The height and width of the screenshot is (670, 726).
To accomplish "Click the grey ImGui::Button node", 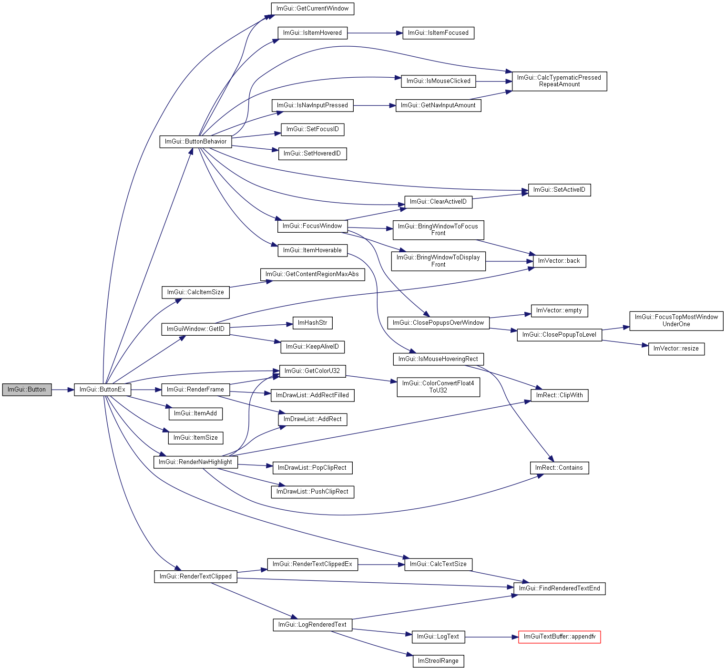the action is pyautogui.click(x=27, y=390).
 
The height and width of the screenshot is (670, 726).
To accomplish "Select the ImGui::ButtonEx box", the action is pyautogui.click(x=102, y=390).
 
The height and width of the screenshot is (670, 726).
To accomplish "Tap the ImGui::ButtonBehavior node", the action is pyautogui.click(x=195, y=142).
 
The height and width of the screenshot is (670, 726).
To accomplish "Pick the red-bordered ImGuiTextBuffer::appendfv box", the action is pyautogui.click(x=560, y=637).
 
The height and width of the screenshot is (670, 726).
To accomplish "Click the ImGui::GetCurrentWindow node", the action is pyautogui.click(x=313, y=9).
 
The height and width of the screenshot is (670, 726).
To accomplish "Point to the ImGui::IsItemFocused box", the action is pyautogui.click(x=439, y=33).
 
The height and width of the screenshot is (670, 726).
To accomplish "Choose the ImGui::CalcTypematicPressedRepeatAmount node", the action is pyautogui.click(x=560, y=81).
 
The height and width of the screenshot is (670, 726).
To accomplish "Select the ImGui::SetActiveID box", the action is pyautogui.click(x=560, y=190).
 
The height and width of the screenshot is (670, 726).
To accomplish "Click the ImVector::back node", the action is pyautogui.click(x=559, y=261).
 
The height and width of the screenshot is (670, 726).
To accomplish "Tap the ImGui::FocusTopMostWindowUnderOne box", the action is pyautogui.click(x=676, y=321).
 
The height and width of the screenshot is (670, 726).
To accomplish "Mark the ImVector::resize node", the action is pyautogui.click(x=676, y=349).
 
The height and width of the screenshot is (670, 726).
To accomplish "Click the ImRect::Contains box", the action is pyautogui.click(x=559, y=468).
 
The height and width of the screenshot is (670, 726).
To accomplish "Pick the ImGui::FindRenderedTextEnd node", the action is pyautogui.click(x=560, y=588).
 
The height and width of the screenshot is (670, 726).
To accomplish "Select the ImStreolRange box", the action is pyautogui.click(x=439, y=661).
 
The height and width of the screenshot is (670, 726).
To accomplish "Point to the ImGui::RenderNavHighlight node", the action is pyautogui.click(x=195, y=462).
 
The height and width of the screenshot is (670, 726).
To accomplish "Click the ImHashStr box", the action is pyautogui.click(x=313, y=323).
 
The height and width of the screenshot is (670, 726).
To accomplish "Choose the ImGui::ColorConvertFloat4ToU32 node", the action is pyautogui.click(x=439, y=387).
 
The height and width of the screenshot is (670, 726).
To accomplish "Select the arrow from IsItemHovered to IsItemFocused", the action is pyautogui.click(x=375, y=33).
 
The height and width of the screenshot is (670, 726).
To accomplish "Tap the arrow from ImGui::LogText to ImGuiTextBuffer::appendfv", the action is pyautogui.click(x=491, y=637).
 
